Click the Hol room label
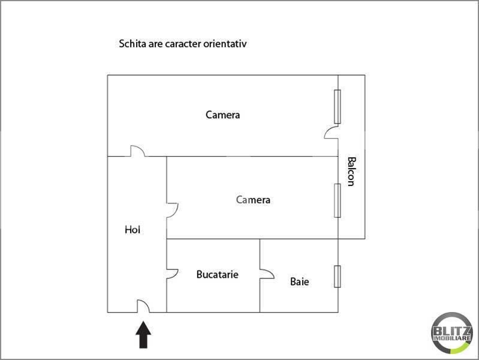click(132, 229)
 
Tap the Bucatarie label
click(217, 274)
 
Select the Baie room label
click(299, 281)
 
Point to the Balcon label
click(351, 171)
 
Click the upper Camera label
click(222, 115)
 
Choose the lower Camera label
click(253, 200)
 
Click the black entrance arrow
click(143, 335)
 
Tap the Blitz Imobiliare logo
click(451, 333)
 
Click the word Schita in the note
click(132, 43)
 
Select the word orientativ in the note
click(225, 44)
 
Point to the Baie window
click(338, 277)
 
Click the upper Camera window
click(338, 107)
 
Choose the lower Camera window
click(338, 200)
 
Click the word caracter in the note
click(183, 44)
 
